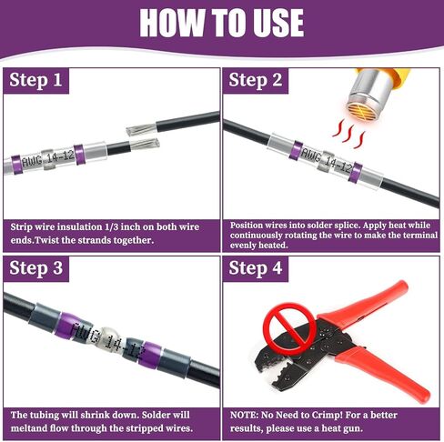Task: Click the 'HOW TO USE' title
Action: tap(222, 23)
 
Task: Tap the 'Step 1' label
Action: tap(35, 80)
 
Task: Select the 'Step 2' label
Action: tap(256, 80)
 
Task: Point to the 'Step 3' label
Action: tap(35, 268)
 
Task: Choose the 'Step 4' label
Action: tap(256, 268)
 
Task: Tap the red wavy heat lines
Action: tap(348, 133)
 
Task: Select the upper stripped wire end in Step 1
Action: tap(141, 129)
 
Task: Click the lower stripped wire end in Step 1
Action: tap(145, 144)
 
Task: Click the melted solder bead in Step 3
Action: tap(110, 339)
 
